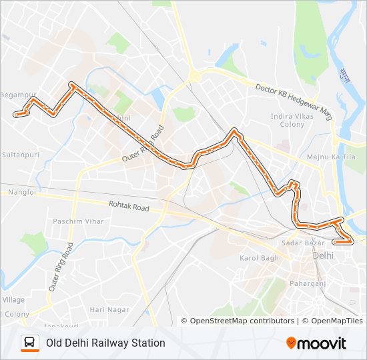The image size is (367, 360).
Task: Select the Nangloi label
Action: [21, 192]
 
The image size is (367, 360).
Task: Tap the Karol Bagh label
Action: [259, 258]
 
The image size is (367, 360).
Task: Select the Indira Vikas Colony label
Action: [288, 120]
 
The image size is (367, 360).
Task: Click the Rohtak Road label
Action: [129, 207]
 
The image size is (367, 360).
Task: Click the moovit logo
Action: [316, 343]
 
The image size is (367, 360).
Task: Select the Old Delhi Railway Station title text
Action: [105, 343]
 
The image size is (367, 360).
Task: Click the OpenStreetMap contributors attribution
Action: [242, 321]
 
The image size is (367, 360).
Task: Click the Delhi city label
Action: [323, 255]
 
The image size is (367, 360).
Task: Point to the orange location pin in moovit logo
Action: [292, 343]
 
